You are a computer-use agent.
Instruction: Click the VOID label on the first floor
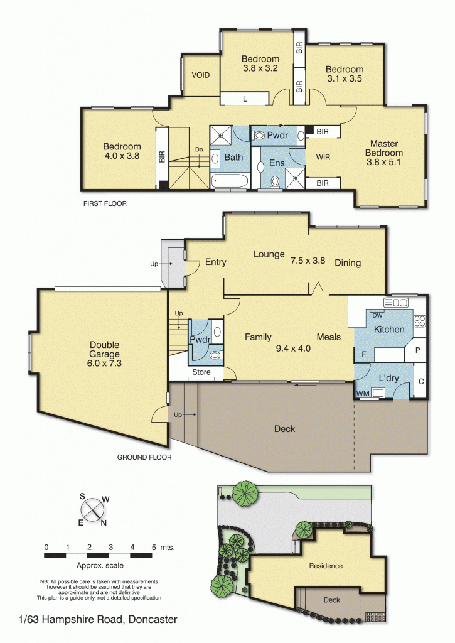pyautogui.click(x=200, y=75)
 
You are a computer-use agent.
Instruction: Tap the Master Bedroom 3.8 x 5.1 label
pyautogui.click(x=384, y=153)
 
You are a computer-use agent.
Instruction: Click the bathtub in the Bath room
pyautogui.click(x=230, y=181)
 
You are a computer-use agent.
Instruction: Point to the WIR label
pyautogui.click(x=323, y=157)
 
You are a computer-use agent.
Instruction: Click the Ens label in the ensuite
pyautogui.click(x=277, y=163)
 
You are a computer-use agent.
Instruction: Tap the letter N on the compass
pyautogui.click(x=104, y=523)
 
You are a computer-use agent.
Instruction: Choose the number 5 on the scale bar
pyautogui.click(x=154, y=548)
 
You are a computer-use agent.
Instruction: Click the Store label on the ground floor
pyautogui.click(x=201, y=372)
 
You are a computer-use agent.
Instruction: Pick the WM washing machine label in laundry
pyautogui.click(x=363, y=394)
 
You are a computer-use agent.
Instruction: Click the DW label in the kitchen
pyautogui.click(x=378, y=315)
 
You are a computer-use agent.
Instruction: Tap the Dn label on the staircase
pyautogui.click(x=199, y=149)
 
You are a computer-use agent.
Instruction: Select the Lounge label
pyautogui.click(x=269, y=255)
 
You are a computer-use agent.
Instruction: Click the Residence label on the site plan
pyautogui.click(x=326, y=566)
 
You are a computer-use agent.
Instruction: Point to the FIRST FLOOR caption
pyautogui.click(x=105, y=203)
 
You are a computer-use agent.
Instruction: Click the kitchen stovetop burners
pyautogui.click(x=420, y=321)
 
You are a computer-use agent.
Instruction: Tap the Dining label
pyautogui.click(x=348, y=263)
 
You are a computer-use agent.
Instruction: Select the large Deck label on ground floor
pyautogui.click(x=284, y=429)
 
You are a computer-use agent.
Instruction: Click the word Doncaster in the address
pyautogui.click(x=153, y=620)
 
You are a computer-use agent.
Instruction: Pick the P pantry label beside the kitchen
pyautogui.click(x=418, y=350)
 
